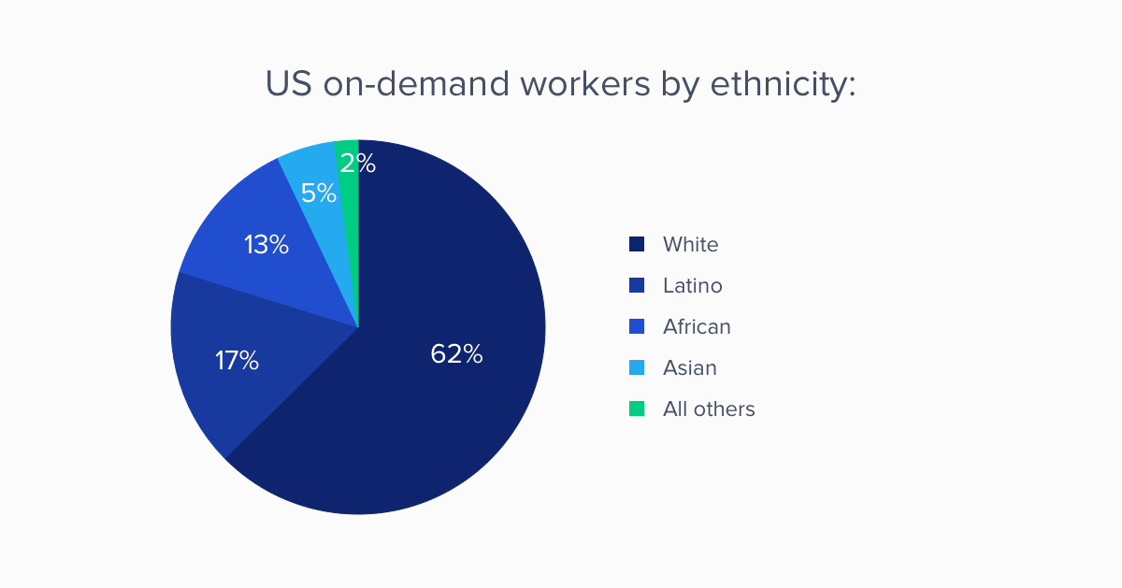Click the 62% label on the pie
pos(456,354)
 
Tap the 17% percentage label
pos(237,361)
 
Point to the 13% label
pos(266,245)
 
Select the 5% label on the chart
pos(319,193)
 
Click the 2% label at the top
pos(358,164)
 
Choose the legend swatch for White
pos(637,245)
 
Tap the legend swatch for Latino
pos(637,286)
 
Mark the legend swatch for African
pos(637,327)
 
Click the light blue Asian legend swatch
pos(637,368)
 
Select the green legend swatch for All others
pos(637,409)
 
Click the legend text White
pos(691,245)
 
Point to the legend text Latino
pos(693,286)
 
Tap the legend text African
pos(697,327)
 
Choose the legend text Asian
pos(690,368)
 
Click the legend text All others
pos(709,409)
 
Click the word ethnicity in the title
pos(784,85)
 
